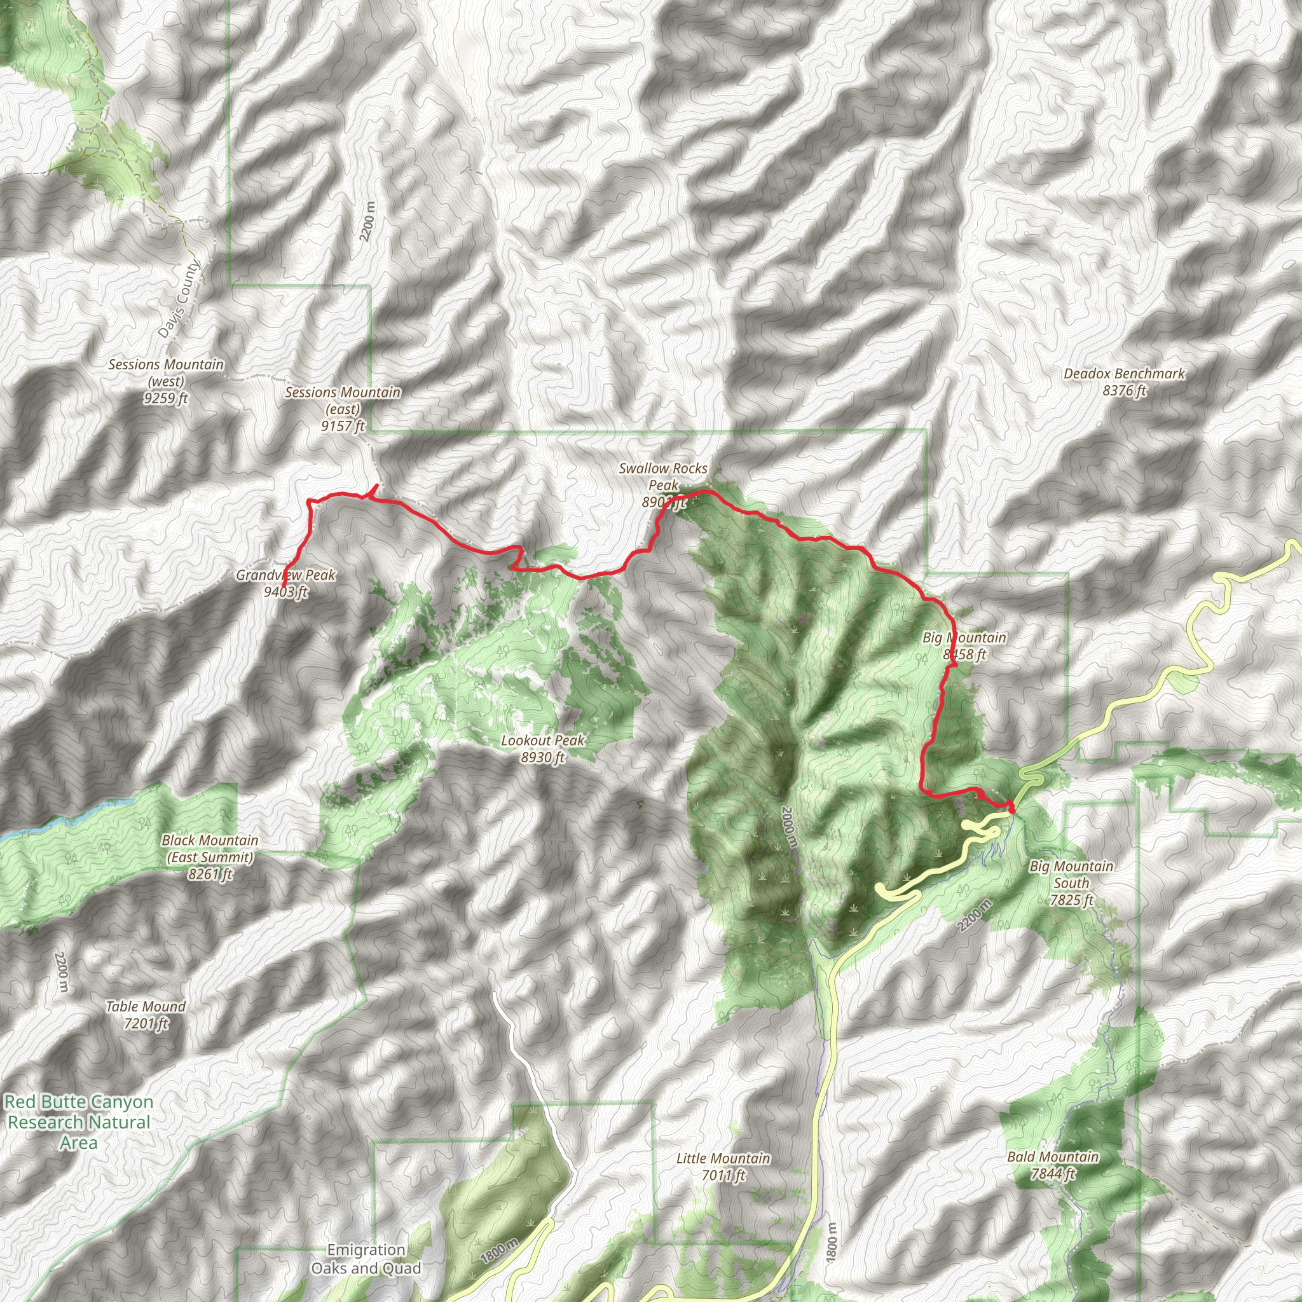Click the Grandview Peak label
click(285, 584)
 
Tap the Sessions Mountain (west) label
click(166, 381)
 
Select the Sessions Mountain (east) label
click(343, 408)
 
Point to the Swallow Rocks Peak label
click(663, 485)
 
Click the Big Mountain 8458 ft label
click(964, 646)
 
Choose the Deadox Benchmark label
click(1124, 381)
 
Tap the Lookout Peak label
click(542, 749)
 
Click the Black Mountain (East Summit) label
click(210, 857)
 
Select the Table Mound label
click(146, 1015)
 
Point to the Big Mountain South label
click(1071, 883)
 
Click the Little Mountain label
click(723, 1167)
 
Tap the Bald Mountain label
click(1053, 1165)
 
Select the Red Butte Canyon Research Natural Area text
click(78, 1122)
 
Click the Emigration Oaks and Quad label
click(366, 1259)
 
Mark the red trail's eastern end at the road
click(1011, 807)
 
